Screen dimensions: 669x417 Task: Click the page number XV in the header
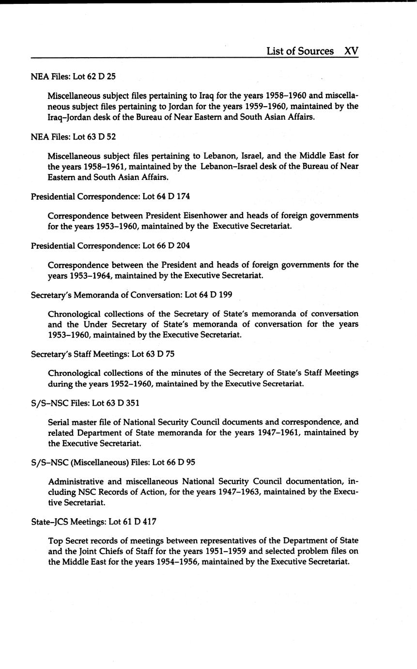tap(351, 51)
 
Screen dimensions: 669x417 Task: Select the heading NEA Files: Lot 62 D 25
tap(73, 76)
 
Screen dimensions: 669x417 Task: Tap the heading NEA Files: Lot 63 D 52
tap(73, 137)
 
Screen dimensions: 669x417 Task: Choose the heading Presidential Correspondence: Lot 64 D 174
tap(110, 196)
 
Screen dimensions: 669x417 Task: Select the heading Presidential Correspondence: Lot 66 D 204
tap(110, 246)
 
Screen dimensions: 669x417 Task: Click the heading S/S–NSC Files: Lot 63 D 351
tap(85, 403)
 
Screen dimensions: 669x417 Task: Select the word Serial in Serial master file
tap(59, 422)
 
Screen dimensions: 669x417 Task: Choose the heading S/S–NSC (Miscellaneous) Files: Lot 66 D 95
tap(113, 462)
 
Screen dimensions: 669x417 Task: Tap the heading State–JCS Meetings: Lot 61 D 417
tap(93, 522)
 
